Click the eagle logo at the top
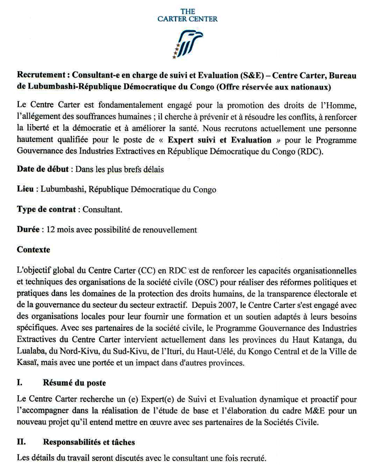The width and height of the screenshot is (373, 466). coord(187,43)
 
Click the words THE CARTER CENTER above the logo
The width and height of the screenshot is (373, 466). coord(187,15)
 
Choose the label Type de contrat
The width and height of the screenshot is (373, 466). coord(47,209)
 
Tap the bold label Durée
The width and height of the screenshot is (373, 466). coord(29,230)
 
